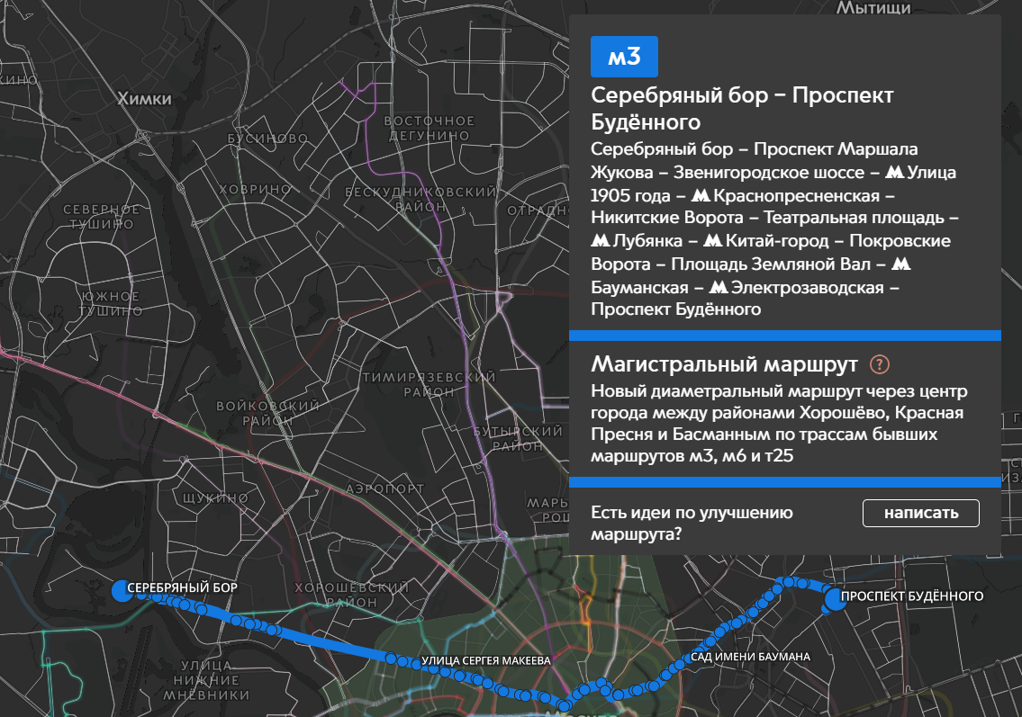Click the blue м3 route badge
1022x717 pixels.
pyautogui.click(x=624, y=57)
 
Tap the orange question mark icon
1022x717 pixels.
pyautogui.click(x=880, y=364)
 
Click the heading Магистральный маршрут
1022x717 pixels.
pyautogui.click(x=724, y=364)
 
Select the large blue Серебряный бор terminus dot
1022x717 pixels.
pyautogui.click(x=121, y=590)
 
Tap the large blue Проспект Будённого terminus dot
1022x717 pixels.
pyautogui.click(x=835, y=599)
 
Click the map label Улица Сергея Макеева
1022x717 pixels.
pyautogui.click(x=484, y=661)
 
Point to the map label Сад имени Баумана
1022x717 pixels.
pyautogui.click(x=750, y=657)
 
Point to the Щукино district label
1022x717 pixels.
pyautogui.click(x=203, y=497)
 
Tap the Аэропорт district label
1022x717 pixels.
pyautogui.click(x=384, y=488)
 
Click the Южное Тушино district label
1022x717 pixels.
pyautogui.click(x=109, y=304)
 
